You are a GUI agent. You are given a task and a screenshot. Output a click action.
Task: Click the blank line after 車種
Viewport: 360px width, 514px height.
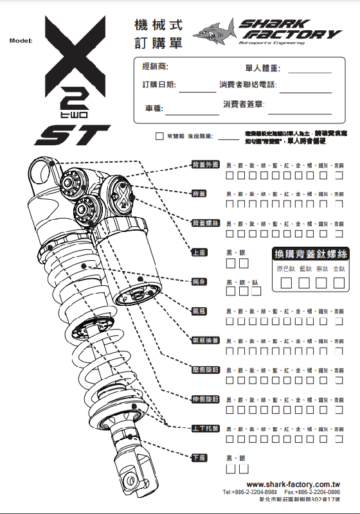(x=192, y=109)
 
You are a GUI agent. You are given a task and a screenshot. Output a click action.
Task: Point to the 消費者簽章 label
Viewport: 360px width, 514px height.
(x=239, y=104)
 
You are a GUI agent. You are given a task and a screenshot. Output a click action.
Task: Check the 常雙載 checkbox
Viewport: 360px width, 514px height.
(x=159, y=136)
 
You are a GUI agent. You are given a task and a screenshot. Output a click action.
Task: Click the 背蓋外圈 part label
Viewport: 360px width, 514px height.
(x=206, y=165)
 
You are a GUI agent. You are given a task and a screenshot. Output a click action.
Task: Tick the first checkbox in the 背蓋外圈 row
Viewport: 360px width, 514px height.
(x=230, y=175)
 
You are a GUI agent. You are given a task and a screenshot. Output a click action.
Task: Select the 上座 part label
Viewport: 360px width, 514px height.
(x=199, y=253)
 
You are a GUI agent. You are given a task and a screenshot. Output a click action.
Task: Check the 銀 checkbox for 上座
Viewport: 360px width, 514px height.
(x=242, y=263)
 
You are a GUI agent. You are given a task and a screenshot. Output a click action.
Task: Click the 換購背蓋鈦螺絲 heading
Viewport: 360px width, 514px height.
(x=310, y=254)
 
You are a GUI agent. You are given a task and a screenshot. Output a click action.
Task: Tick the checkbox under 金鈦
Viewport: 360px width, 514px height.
(x=339, y=282)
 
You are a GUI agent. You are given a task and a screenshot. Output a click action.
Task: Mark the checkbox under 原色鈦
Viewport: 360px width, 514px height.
(x=286, y=282)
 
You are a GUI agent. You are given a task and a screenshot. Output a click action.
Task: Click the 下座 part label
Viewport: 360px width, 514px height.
(x=199, y=457)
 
